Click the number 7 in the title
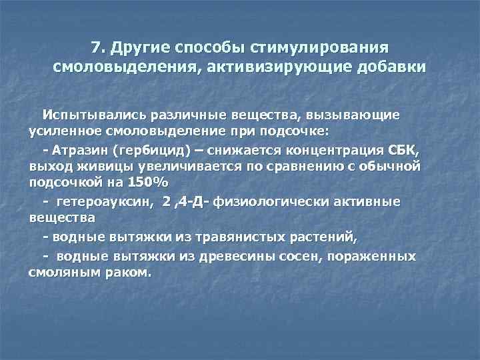click(97, 48)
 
